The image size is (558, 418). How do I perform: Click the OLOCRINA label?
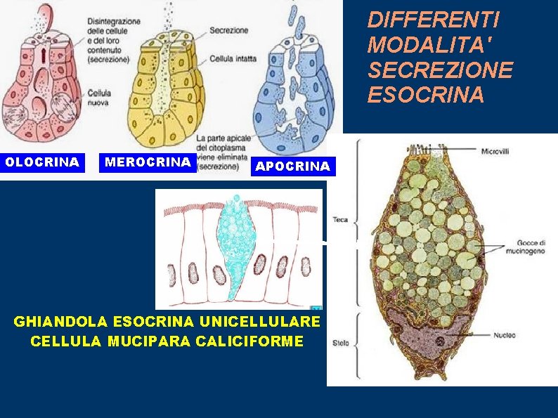tap(42, 162)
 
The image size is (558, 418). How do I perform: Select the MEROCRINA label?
tap(148, 162)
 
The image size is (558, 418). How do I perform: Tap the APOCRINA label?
tap(293, 166)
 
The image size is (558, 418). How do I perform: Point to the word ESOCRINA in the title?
tap(426, 94)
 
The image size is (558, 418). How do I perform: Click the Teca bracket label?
tap(341, 219)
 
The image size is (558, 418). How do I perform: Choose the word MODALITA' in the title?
tap(429, 45)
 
